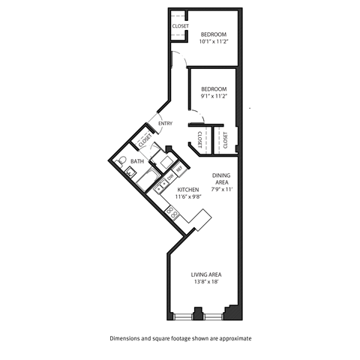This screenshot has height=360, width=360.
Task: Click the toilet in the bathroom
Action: (x=123, y=161)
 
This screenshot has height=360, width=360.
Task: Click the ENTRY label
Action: (x=166, y=124)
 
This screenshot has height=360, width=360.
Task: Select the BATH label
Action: (x=137, y=161)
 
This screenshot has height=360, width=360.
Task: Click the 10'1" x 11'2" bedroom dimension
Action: (x=214, y=42)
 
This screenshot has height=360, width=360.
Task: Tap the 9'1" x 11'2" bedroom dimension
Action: (x=214, y=96)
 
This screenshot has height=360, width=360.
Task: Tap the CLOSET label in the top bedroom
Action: (x=180, y=26)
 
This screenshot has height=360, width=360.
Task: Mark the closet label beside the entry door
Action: (x=144, y=139)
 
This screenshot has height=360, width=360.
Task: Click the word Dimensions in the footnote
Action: (x=127, y=338)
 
